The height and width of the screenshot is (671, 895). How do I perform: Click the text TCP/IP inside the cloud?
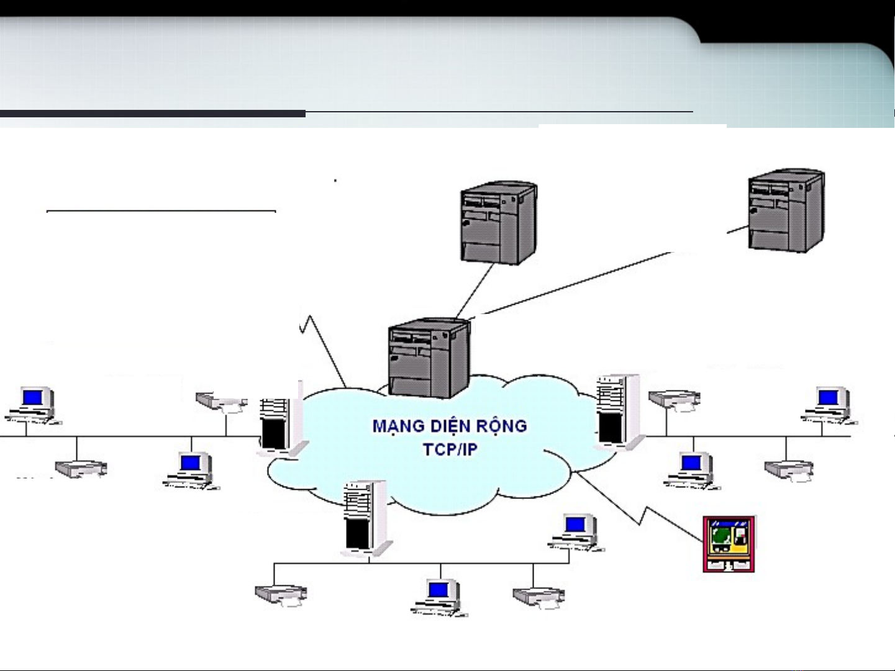(x=450, y=449)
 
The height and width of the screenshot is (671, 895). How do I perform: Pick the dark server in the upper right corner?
(x=786, y=210)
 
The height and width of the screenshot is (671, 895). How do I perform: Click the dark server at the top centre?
(x=498, y=222)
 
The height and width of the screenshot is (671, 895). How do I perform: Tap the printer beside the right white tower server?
(x=674, y=400)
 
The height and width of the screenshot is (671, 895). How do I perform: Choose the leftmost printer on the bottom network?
(x=281, y=595)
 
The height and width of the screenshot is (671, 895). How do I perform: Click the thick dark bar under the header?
(x=152, y=114)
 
